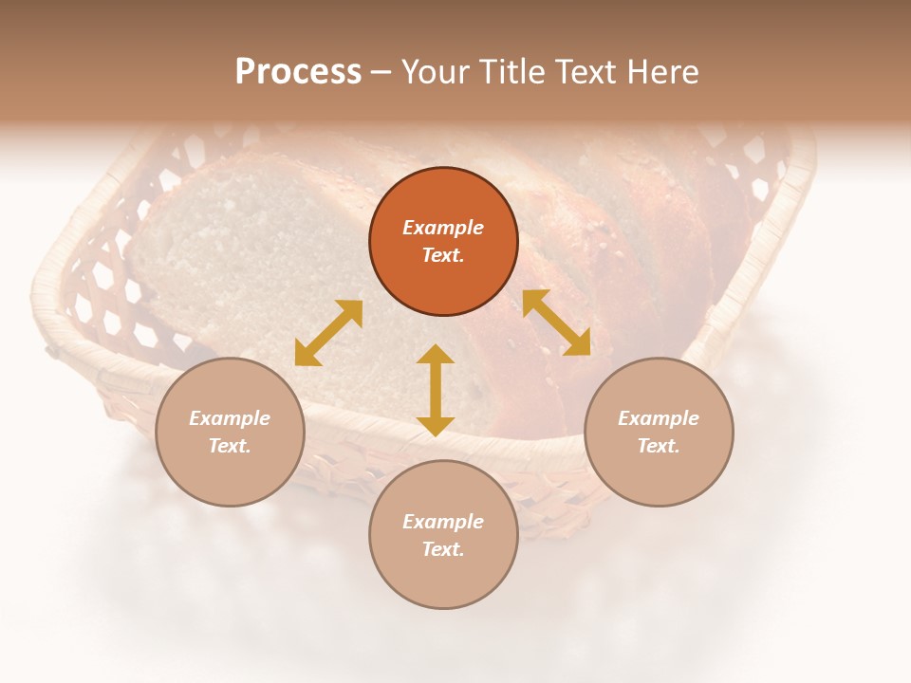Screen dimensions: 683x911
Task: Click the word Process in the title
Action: coord(298,72)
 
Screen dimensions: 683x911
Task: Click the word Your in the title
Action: coord(437,72)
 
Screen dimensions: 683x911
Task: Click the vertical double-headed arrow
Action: coord(436,390)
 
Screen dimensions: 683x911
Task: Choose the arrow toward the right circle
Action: coord(556,323)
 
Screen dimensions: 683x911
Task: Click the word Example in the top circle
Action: coord(443,228)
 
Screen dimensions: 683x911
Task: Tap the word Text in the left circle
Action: coord(230,446)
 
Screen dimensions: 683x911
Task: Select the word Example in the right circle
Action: coord(659,418)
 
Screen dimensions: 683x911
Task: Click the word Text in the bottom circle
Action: coord(443,549)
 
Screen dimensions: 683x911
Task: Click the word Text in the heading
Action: coord(584,72)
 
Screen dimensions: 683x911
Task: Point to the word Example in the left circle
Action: coord(230,418)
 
